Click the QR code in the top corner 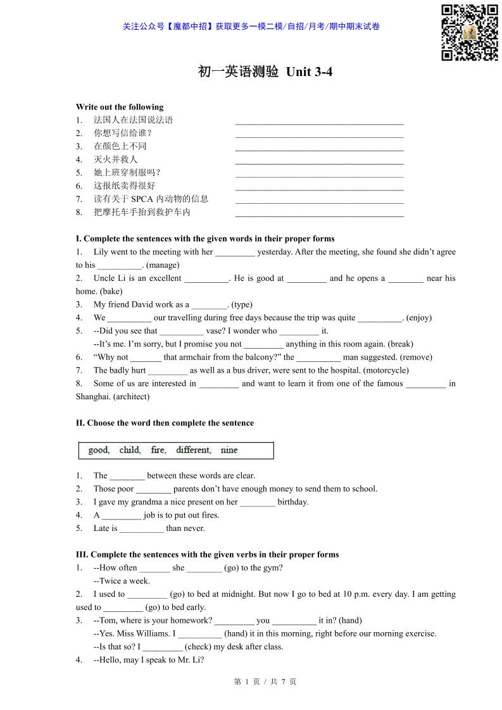point(470,32)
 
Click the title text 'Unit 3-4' point(309,72)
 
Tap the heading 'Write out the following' point(120,107)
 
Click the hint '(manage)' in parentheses point(163,265)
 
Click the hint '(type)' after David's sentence point(242,304)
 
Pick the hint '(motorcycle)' point(386,370)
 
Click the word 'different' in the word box point(193,451)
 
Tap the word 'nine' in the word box point(229,451)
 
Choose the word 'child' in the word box point(130,451)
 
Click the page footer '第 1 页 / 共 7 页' point(265,682)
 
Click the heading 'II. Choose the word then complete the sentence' point(165,423)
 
